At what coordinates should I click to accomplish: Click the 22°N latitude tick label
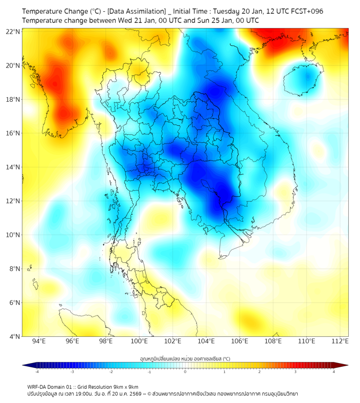click(x=13, y=31)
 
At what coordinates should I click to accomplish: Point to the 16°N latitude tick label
click(x=13, y=133)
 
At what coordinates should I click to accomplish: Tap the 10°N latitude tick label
click(x=13, y=235)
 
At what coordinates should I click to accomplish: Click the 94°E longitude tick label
click(x=38, y=341)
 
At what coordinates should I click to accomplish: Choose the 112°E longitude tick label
click(x=340, y=341)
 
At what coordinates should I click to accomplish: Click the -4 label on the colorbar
click(x=36, y=372)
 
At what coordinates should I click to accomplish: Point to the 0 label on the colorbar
click(x=185, y=372)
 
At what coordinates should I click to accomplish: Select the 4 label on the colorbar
click(x=334, y=372)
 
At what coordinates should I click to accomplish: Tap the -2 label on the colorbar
click(x=111, y=372)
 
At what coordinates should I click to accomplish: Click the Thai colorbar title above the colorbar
click(x=185, y=359)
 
